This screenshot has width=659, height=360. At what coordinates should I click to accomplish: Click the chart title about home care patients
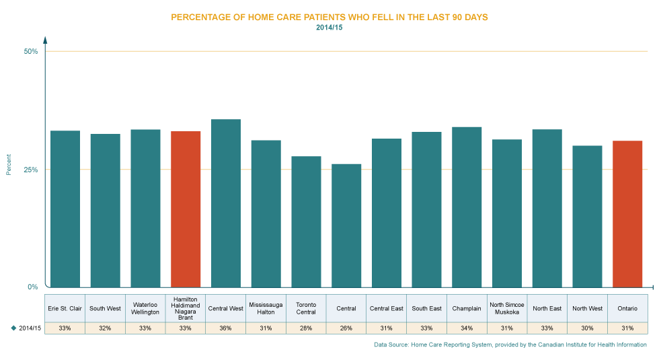pos(329,17)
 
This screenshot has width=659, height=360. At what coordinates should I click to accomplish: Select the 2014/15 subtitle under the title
pos(329,28)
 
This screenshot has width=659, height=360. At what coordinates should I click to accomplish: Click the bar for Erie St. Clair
pos(65,209)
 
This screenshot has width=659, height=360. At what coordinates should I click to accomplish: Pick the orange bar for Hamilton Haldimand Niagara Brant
pos(186,209)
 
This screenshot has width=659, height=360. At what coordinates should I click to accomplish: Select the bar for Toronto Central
pos(306,221)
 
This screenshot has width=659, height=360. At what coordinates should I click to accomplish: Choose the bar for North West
pos(587,216)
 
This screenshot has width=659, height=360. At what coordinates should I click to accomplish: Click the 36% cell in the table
pos(226,328)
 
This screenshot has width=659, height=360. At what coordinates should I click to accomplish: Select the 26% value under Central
pos(346,328)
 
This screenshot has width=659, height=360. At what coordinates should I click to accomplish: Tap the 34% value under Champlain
pos(467,328)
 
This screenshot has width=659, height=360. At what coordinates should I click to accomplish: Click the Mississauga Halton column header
pos(266,308)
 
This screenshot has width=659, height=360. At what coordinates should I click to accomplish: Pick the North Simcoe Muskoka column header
pos(507,308)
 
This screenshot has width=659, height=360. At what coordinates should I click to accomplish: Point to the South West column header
pos(105,308)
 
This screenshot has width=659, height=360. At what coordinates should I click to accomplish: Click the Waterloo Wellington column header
pos(145,308)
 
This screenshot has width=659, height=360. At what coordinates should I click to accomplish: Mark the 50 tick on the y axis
pos(31,53)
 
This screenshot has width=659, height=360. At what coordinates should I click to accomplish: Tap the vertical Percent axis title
pos(9,164)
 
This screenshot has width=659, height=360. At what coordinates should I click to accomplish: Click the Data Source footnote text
pos(510,345)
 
